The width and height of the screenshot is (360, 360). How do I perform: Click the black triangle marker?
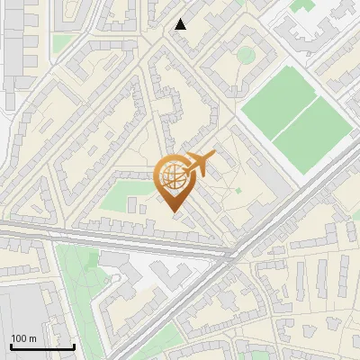click(181, 24)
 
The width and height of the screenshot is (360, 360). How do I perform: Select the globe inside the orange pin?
click(171, 179)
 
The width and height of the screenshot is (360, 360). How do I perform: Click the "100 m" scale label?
click(23, 338)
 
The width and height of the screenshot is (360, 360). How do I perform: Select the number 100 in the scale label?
click(19, 338)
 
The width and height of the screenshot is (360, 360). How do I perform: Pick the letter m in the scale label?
click(33, 338)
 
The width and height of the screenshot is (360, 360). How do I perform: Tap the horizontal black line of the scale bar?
click(42, 346)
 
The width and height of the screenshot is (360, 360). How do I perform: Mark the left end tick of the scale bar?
click(11, 345)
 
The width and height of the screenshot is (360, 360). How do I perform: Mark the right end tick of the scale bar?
click(74, 345)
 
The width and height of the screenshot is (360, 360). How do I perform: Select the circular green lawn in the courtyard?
click(245, 55)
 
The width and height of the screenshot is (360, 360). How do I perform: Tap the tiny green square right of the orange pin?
click(238, 190)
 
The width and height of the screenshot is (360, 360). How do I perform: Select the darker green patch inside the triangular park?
click(90, 261)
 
